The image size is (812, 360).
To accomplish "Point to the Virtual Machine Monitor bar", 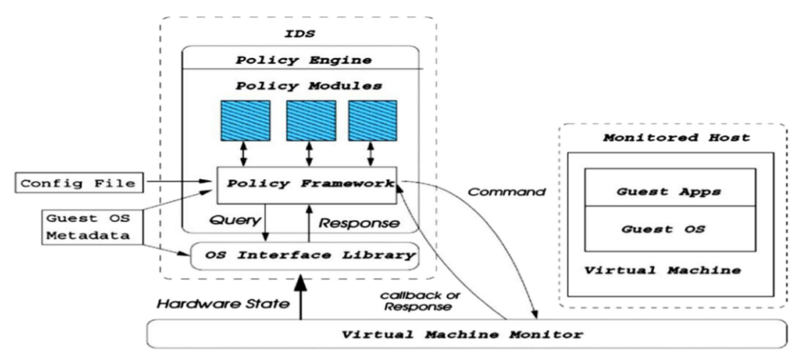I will [x=466, y=332].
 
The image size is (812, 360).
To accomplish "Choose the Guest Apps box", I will [x=670, y=191].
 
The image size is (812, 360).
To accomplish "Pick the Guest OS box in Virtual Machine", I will [x=670, y=228].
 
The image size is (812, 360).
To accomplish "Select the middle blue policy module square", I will [x=308, y=119].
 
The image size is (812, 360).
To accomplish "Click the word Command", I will [x=506, y=192].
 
